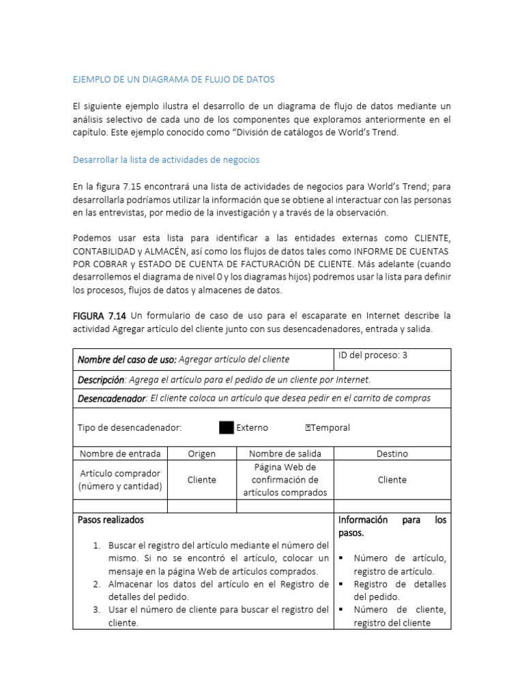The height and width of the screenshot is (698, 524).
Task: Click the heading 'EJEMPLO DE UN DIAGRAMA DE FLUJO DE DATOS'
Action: click(173, 80)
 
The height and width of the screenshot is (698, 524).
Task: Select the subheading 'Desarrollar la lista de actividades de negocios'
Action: click(166, 160)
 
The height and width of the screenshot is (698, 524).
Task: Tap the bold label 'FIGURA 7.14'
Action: click(99, 316)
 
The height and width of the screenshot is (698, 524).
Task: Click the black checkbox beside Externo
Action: click(227, 427)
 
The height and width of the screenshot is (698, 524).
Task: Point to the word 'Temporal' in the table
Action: click(330, 427)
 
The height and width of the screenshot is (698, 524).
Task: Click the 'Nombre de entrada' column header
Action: click(120, 453)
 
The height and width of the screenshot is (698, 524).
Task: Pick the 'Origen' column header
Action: click(201, 453)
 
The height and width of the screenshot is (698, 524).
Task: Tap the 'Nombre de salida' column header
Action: click(285, 453)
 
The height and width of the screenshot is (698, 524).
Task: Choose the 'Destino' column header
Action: click(392, 453)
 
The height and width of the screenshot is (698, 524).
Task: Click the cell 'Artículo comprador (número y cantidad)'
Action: click(120, 480)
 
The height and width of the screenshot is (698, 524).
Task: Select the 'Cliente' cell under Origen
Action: click(201, 480)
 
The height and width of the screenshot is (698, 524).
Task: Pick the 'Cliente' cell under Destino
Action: click(392, 480)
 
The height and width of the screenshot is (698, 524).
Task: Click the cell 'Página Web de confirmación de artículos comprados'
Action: click(285, 480)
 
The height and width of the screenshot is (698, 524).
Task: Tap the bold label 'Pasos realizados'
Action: click(111, 519)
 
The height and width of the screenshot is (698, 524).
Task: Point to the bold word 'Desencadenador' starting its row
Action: click(111, 398)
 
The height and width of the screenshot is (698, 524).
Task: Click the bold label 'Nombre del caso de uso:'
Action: click(127, 359)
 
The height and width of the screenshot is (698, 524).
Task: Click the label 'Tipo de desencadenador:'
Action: click(130, 427)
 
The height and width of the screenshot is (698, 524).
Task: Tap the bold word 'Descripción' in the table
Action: click(101, 380)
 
